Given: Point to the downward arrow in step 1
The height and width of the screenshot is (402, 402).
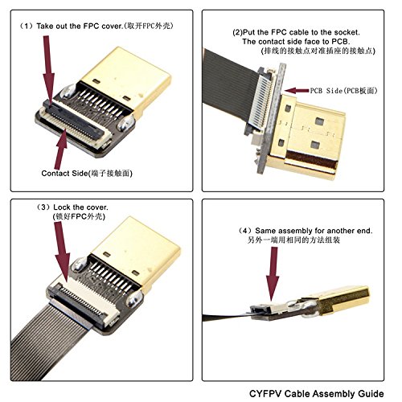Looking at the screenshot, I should coord(46,68).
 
